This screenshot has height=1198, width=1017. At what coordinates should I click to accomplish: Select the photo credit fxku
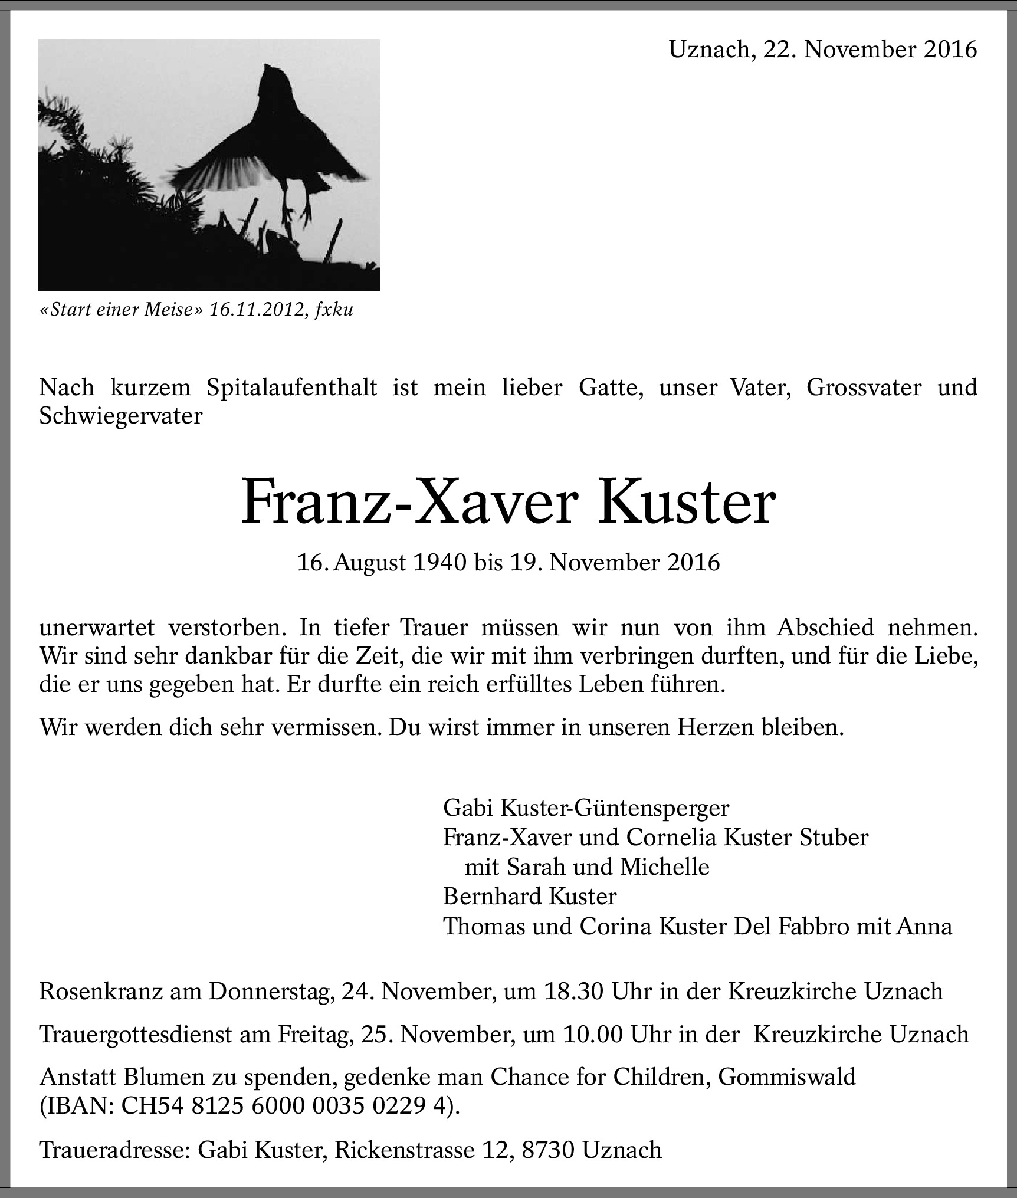coord(334,310)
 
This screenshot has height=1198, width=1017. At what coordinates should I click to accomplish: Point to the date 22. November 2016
coord(870,50)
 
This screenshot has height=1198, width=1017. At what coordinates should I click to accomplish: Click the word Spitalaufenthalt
coord(291,388)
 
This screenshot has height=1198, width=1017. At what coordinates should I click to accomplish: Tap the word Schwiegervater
coord(120,416)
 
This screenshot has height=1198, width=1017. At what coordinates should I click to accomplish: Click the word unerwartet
coord(97,627)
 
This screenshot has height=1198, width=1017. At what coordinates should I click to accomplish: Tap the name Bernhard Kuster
coord(529,897)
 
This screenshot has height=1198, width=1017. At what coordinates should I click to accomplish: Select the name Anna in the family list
coord(924,926)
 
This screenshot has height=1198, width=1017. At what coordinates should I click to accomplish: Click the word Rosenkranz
coord(101,992)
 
